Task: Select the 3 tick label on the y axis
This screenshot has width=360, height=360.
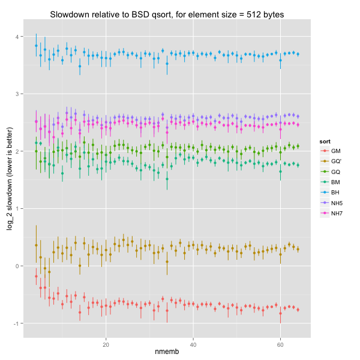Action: (x=20, y=94)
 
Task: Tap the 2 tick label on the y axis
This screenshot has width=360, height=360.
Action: (x=20, y=151)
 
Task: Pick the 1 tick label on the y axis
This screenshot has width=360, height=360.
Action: (x=20, y=208)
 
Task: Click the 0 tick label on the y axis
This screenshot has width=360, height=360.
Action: (x=20, y=266)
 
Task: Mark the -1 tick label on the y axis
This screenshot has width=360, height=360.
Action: (x=19, y=323)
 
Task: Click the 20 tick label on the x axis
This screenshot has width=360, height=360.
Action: (x=106, y=344)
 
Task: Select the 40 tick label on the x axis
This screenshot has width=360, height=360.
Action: (x=193, y=344)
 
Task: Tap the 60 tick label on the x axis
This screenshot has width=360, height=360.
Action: (x=280, y=344)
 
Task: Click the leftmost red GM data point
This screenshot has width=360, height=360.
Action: (x=36, y=276)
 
